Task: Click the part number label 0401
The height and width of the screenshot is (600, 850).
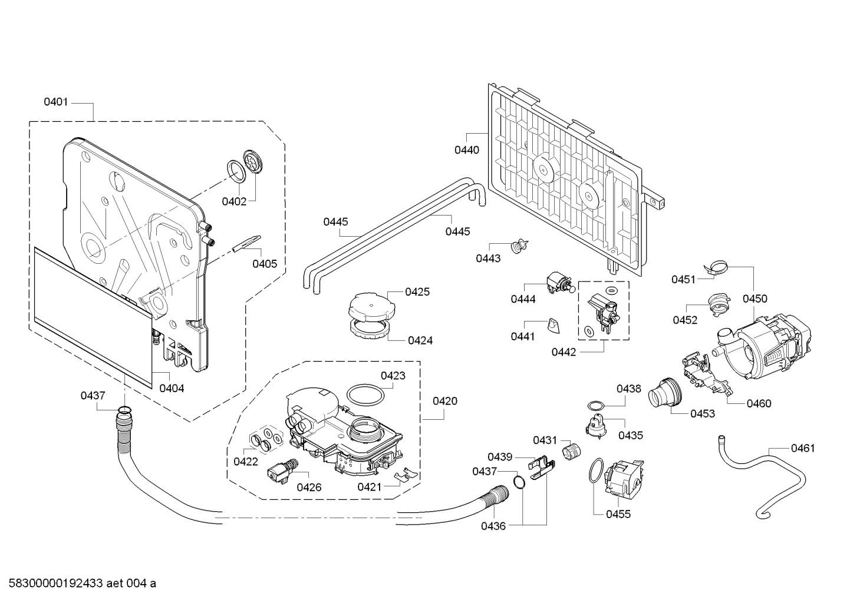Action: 56,102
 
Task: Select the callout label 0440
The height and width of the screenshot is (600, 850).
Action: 467,150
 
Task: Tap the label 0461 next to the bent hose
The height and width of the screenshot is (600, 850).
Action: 803,449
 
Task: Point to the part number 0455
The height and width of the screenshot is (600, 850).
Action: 618,515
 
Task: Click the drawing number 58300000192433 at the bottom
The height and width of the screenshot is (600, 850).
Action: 55,584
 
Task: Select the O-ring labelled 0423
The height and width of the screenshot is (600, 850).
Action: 365,395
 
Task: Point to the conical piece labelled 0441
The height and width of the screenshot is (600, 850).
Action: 554,326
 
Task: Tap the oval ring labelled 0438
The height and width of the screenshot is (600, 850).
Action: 596,406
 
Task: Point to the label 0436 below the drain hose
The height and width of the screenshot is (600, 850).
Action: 493,526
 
